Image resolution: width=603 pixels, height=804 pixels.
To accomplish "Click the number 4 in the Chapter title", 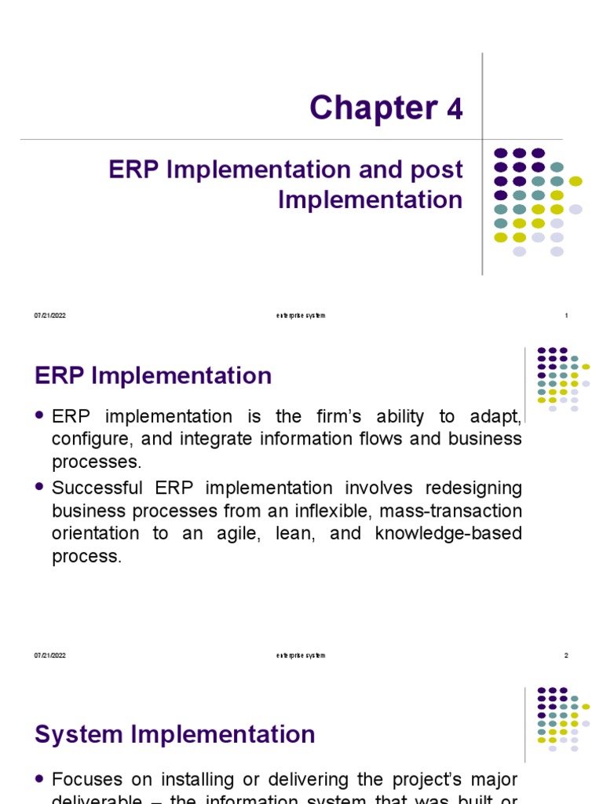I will pyautogui.click(x=455, y=110).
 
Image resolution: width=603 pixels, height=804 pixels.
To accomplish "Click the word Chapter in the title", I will pyautogui.click(x=373, y=108).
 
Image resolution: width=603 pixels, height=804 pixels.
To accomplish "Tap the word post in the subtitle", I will pyautogui.click(x=437, y=170).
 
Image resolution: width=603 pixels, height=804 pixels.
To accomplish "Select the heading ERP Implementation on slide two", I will pyautogui.click(x=153, y=376).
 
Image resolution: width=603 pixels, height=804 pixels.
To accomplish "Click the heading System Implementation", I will pyautogui.click(x=175, y=735).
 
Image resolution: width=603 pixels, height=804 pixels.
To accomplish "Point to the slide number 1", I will pyautogui.click(x=566, y=316).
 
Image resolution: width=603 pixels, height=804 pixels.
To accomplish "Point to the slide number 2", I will pyautogui.click(x=566, y=656).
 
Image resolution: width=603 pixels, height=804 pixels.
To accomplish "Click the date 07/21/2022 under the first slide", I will pyautogui.click(x=49, y=316).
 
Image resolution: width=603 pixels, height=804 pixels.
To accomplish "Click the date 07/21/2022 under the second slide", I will pyautogui.click(x=49, y=656).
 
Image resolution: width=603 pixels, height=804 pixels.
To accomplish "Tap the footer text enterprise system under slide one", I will pyautogui.click(x=301, y=316).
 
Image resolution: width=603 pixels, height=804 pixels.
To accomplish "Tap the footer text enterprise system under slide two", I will pyautogui.click(x=301, y=656).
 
